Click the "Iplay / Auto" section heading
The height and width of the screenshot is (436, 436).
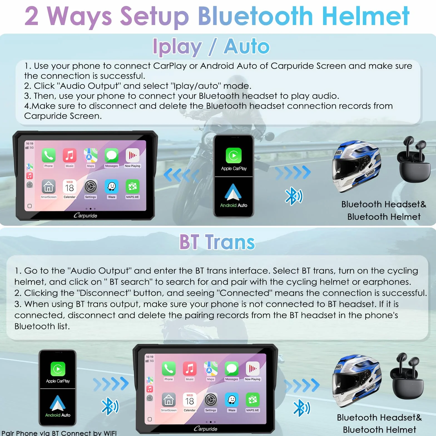click(211, 46)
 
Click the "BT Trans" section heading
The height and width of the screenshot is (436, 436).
click(217, 242)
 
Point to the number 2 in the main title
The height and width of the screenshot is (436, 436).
click(31, 16)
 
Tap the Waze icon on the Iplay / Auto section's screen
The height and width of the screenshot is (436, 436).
click(112, 186)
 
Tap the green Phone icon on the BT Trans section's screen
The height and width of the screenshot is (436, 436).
click(169, 368)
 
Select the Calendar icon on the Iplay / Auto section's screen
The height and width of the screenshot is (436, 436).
click(70, 186)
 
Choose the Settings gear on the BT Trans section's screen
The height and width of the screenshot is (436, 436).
click(210, 400)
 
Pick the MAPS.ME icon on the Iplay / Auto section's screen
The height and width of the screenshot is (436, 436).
click(133, 186)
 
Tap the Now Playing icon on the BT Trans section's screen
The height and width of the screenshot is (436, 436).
click(252, 368)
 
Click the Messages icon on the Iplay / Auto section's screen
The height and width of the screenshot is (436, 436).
click(112, 155)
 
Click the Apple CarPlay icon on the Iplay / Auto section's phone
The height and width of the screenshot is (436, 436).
click(234, 155)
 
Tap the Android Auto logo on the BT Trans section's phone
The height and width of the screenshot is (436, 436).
click(58, 403)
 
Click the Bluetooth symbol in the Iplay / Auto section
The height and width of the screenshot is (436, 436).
click(294, 196)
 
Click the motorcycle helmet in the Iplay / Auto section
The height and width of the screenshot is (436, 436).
click(356, 166)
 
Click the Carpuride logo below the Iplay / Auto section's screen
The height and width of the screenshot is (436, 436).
click(85, 215)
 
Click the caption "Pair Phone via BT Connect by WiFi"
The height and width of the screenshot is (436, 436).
click(59, 433)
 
